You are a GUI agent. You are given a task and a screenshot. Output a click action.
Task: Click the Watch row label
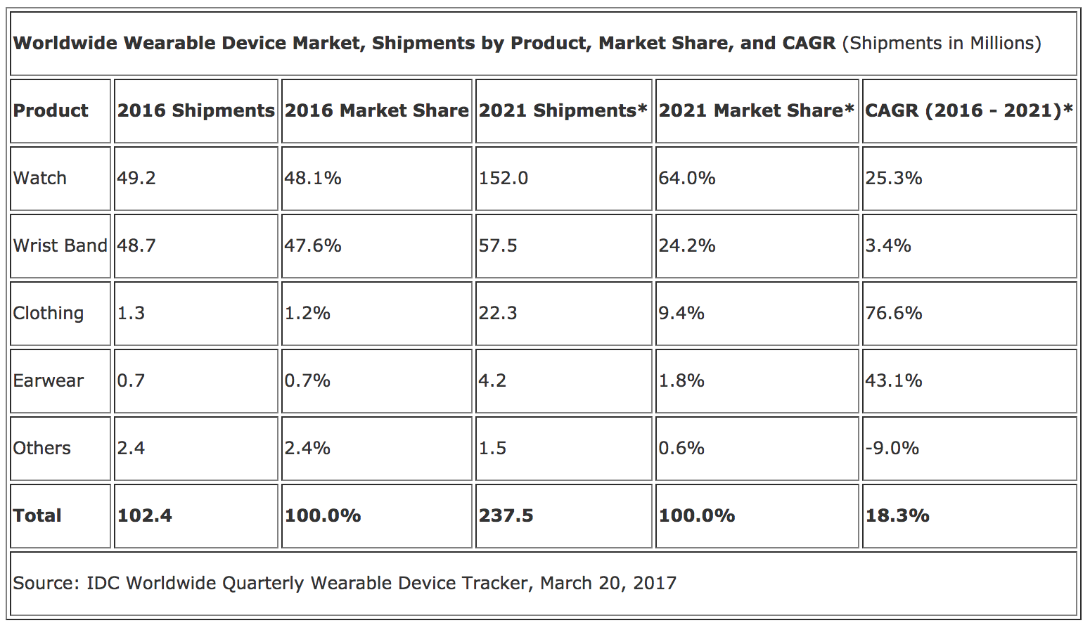click(40, 178)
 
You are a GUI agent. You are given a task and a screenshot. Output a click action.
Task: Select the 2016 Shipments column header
click(195, 110)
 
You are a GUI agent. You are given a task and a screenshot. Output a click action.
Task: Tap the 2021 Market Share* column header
click(756, 110)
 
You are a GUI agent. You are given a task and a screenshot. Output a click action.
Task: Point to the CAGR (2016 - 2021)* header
click(968, 110)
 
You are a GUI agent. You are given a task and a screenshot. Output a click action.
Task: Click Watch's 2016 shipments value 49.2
click(136, 178)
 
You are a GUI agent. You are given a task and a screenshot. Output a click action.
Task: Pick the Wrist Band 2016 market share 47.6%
click(313, 245)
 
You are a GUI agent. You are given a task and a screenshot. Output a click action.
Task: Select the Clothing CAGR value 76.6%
click(894, 313)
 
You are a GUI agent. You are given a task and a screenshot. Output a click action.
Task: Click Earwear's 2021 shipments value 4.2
click(492, 380)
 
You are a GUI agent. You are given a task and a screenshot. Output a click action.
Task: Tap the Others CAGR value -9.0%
click(892, 448)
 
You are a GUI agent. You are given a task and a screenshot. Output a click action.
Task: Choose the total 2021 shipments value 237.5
click(506, 515)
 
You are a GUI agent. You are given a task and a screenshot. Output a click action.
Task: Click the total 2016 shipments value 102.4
click(144, 515)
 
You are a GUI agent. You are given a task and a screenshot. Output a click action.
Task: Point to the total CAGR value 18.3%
click(897, 515)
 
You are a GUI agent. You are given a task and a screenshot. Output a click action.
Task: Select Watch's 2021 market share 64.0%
click(687, 178)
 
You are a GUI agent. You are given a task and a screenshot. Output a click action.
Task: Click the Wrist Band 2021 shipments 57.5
click(498, 245)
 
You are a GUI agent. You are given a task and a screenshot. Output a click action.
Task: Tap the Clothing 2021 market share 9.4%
click(681, 313)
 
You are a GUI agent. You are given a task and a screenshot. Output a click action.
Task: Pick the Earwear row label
click(49, 380)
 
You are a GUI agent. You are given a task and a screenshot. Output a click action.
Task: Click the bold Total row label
click(37, 515)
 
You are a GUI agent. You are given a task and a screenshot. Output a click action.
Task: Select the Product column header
click(51, 110)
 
